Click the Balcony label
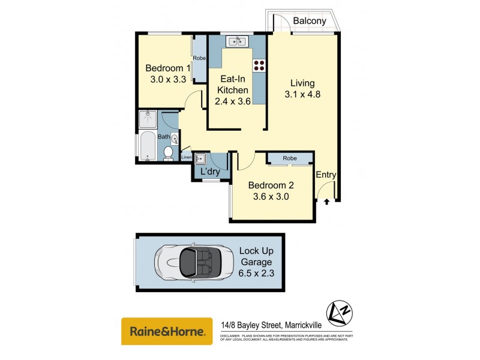[310, 21]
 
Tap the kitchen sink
[236, 41]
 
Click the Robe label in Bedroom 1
[200, 58]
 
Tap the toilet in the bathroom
[169, 154]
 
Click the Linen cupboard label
[187, 157]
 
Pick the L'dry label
[210, 172]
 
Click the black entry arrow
[326, 202]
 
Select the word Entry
[326, 175]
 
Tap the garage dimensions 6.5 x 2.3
[256, 274]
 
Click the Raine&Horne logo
[167, 331]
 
